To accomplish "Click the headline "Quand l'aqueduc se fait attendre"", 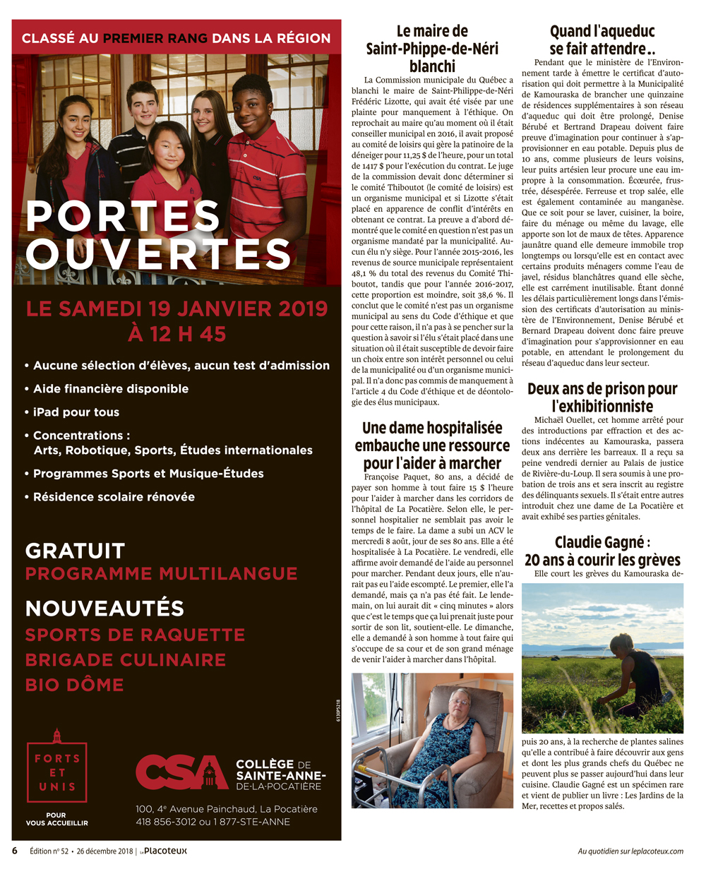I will coord(602,40).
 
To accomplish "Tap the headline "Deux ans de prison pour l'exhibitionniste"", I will coord(602,397).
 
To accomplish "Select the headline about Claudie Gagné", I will coord(602,551).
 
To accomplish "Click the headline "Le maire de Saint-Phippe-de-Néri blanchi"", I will coord(432,49).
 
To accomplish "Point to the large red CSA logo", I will coord(182,772).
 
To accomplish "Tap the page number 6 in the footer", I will coord(14,851).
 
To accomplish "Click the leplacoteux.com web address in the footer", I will coord(630,851).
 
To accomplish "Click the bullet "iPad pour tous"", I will coord(76,412).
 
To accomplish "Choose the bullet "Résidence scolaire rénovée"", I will coord(114,497).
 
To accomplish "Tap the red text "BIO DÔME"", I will coord(75,685).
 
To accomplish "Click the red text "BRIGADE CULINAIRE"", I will coord(126,660).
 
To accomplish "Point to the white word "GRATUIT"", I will coord(75,551).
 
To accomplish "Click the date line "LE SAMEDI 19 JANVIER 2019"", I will coord(176,309).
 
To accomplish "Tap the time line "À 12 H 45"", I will coord(176,333).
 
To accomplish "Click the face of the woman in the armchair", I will coord(460,703).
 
